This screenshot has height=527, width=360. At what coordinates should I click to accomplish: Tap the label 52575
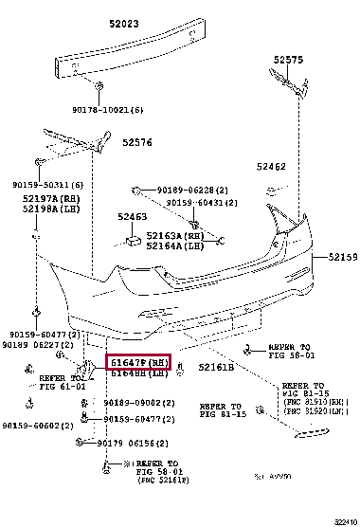tap(290, 59)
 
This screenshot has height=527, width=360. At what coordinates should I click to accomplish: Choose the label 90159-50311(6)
tap(47, 184)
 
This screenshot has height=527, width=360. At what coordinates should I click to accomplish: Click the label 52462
tap(271, 167)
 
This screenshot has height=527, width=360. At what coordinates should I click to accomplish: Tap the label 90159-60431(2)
tap(201, 201)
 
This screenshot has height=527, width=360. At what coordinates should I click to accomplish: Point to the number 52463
tap(132, 217)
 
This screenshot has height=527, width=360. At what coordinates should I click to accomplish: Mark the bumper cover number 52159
tap(343, 257)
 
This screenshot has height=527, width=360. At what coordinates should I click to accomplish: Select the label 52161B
tap(215, 366)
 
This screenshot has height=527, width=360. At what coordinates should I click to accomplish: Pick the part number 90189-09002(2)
tap(138, 403)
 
